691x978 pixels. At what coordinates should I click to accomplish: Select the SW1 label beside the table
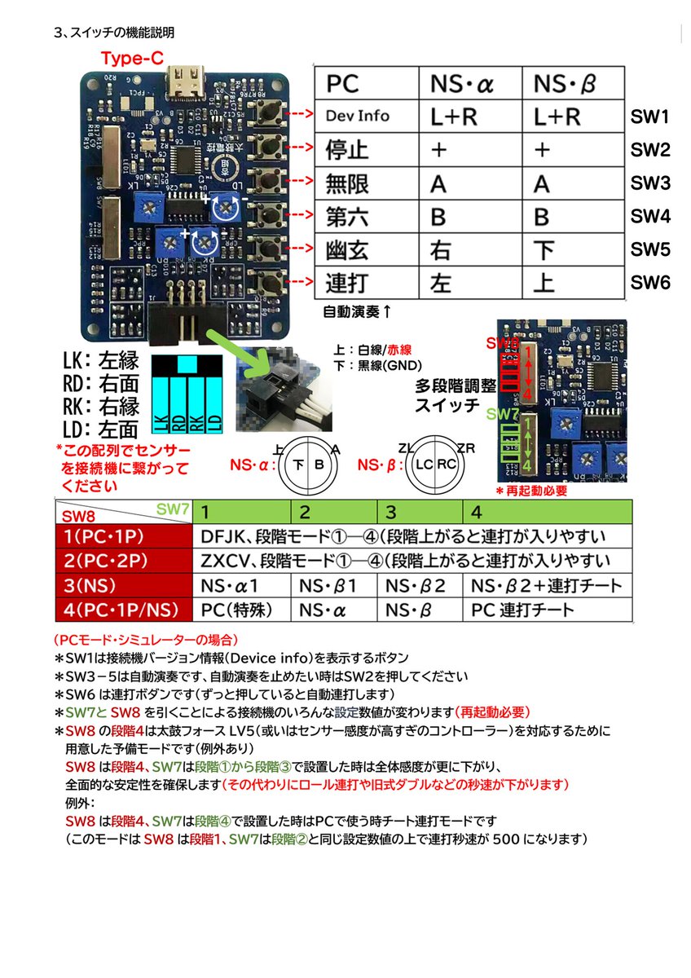click(x=649, y=117)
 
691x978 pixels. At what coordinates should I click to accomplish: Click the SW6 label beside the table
click(x=649, y=283)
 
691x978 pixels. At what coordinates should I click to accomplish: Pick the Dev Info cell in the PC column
click(x=358, y=117)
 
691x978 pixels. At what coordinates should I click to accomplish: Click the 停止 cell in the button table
click(x=348, y=151)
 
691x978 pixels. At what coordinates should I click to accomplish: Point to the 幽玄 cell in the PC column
click(x=348, y=249)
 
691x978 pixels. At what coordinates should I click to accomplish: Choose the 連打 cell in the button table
click(x=348, y=283)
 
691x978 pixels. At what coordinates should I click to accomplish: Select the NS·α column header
click(x=463, y=84)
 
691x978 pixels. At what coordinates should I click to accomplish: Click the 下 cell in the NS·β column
click(x=544, y=249)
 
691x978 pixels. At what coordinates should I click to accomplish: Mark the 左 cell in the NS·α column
click(x=441, y=283)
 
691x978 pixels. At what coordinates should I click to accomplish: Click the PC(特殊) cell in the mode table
click(x=237, y=609)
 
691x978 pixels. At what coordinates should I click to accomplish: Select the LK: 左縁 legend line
click(x=100, y=361)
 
